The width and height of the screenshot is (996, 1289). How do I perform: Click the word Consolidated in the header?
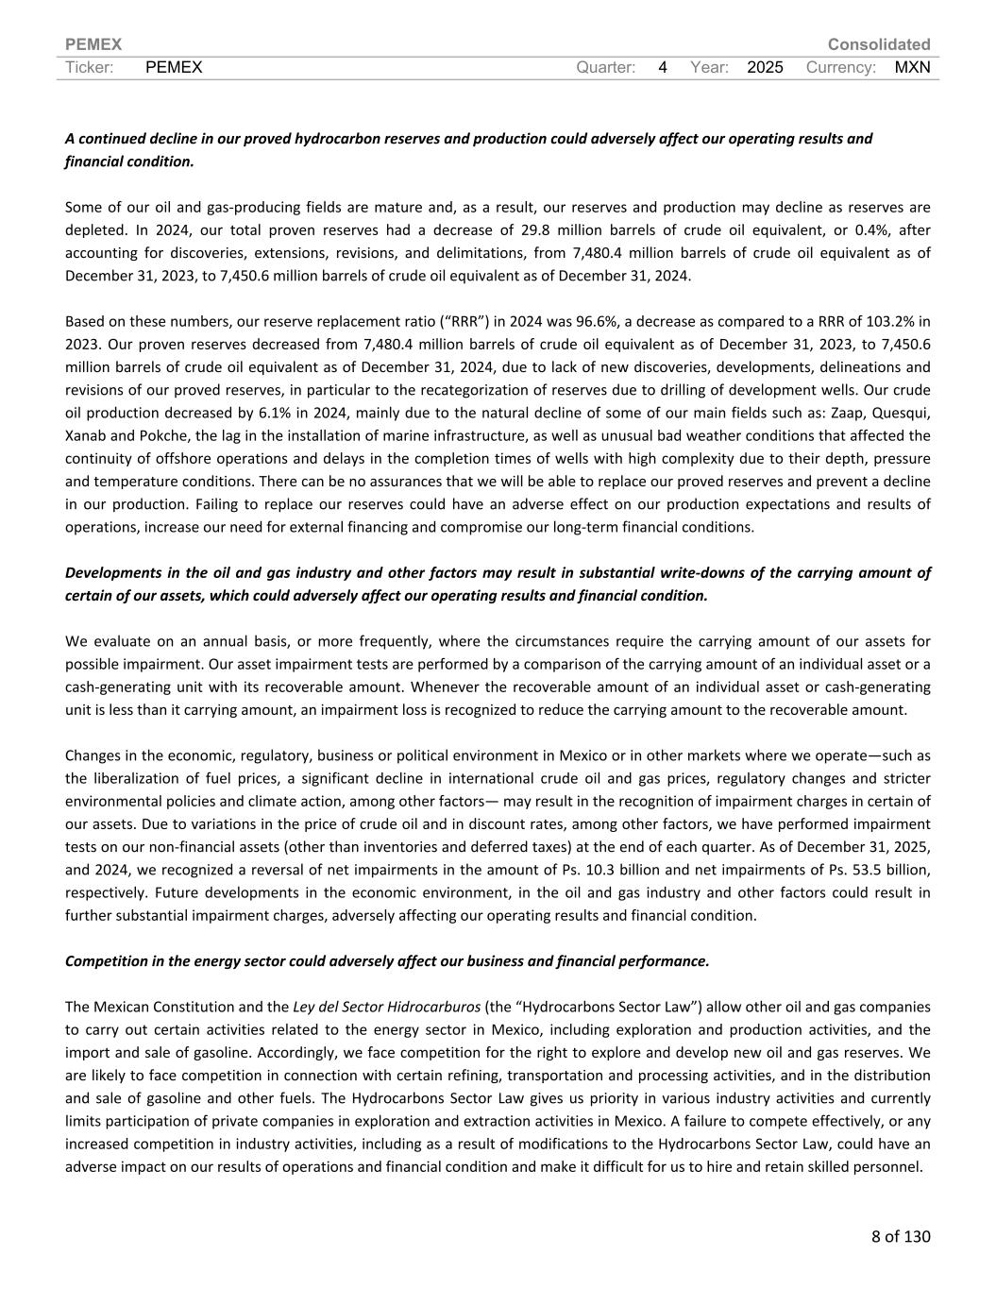pos(878,44)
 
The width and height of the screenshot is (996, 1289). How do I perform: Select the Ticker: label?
pos(90,67)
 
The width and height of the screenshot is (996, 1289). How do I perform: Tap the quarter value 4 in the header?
pos(663,67)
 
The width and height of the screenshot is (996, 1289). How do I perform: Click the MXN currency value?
pos(912,67)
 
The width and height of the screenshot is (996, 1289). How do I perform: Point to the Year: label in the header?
pos(709,67)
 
